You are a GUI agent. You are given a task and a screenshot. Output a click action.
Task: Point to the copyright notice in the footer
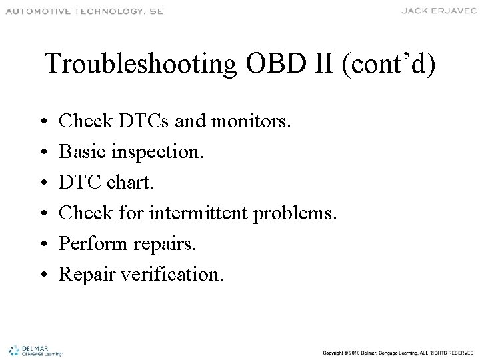[x=398, y=352]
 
